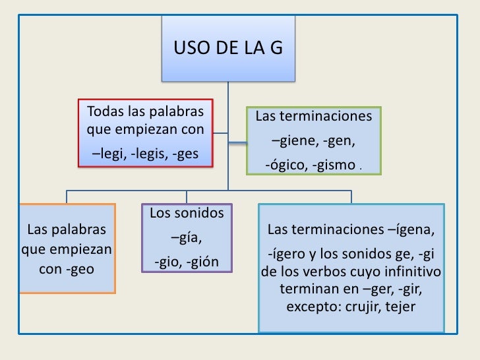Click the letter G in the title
click(x=273, y=48)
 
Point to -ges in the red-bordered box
click(x=187, y=155)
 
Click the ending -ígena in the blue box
click(x=411, y=230)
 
